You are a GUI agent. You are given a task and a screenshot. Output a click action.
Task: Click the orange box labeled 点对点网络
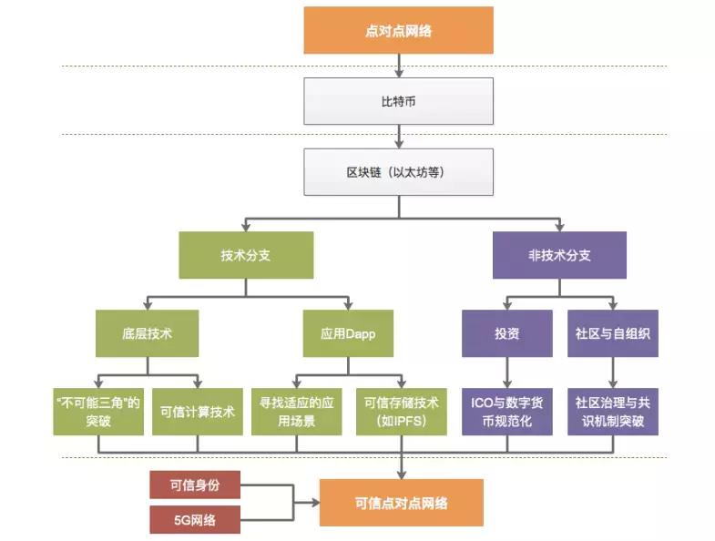pos(399,31)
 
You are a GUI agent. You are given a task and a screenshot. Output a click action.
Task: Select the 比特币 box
pos(399,101)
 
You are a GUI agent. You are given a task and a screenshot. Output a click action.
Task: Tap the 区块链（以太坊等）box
pos(399,172)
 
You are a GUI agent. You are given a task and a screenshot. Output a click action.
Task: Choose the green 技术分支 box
pos(246,255)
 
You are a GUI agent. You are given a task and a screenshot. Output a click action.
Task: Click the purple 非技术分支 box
pos(559,255)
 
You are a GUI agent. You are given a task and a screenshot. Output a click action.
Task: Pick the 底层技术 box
pos(147,333)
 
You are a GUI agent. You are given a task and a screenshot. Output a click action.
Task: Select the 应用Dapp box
pos(349,333)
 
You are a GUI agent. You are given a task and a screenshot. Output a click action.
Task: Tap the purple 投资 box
pos(508,333)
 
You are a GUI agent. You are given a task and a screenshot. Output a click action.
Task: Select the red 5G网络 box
pos(195,520)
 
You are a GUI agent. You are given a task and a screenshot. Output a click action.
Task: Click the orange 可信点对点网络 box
pos(401,503)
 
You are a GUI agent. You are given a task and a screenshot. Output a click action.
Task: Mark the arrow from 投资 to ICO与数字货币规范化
pos(508,372)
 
